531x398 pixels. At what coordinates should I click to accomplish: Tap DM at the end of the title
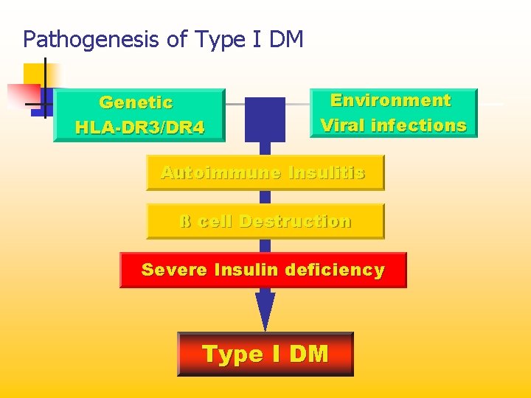pyautogui.click(x=287, y=39)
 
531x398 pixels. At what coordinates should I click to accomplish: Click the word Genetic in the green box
pyautogui.click(x=136, y=103)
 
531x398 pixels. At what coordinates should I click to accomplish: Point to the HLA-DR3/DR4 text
pyautogui.click(x=139, y=128)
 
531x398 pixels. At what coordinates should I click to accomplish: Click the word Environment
pyautogui.click(x=390, y=100)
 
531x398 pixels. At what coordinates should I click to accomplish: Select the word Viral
pyautogui.click(x=343, y=125)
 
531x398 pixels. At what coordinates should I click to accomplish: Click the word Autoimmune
pyautogui.click(x=221, y=173)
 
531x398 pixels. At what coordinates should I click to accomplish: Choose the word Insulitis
pyautogui.click(x=327, y=173)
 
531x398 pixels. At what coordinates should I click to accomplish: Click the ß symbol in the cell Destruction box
pyautogui.click(x=185, y=221)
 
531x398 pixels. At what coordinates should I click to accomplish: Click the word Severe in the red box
pyautogui.click(x=174, y=270)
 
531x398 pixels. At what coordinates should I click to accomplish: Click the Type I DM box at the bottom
pyautogui.click(x=265, y=355)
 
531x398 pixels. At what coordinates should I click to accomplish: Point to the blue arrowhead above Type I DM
pyautogui.click(x=265, y=310)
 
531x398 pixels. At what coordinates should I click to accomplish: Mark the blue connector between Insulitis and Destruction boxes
pyautogui.click(x=265, y=197)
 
